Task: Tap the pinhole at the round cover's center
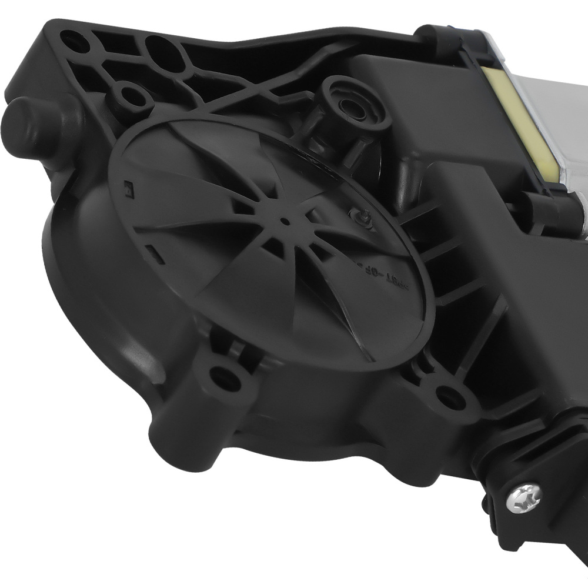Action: pyautogui.click(x=284, y=222)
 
